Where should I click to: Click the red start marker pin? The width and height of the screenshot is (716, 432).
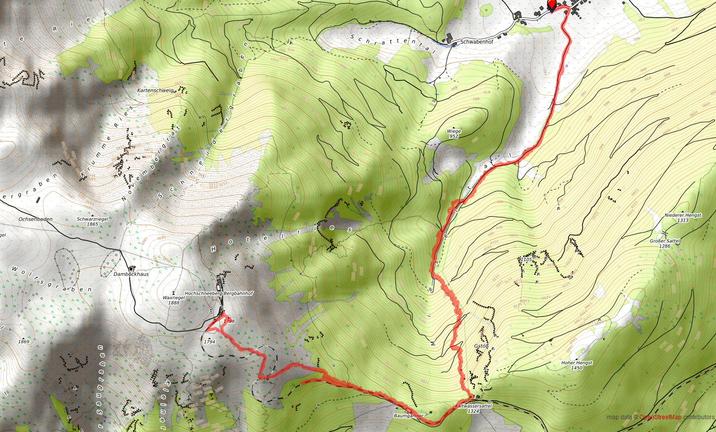(552, 6)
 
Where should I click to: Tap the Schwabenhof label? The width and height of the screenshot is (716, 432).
(476, 42)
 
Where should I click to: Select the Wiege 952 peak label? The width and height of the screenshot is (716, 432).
(453, 134)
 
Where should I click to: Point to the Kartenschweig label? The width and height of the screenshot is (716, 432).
(155, 90)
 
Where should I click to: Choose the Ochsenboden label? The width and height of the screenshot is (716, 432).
(36, 219)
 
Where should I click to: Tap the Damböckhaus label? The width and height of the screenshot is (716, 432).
(131, 274)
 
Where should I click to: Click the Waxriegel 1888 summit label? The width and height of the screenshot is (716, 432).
(174, 300)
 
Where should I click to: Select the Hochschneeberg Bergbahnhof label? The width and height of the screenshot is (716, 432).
(219, 293)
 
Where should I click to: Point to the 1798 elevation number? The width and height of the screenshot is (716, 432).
(229, 321)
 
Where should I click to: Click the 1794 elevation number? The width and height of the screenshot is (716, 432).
(209, 342)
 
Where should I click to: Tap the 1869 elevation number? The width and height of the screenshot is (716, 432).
(24, 342)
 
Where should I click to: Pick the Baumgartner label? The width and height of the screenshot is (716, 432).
(408, 416)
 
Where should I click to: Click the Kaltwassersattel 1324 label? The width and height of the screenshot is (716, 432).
(473, 408)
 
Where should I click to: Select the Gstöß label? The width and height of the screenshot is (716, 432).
(481, 346)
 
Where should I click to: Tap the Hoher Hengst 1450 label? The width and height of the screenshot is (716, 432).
(577, 365)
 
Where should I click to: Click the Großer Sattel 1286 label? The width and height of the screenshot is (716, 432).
(665, 243)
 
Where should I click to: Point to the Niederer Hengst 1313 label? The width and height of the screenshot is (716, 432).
(682, 218)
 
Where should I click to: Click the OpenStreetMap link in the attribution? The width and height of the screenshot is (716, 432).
(660, 417)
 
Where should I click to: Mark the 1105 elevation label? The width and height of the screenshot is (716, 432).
(527, 259)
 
